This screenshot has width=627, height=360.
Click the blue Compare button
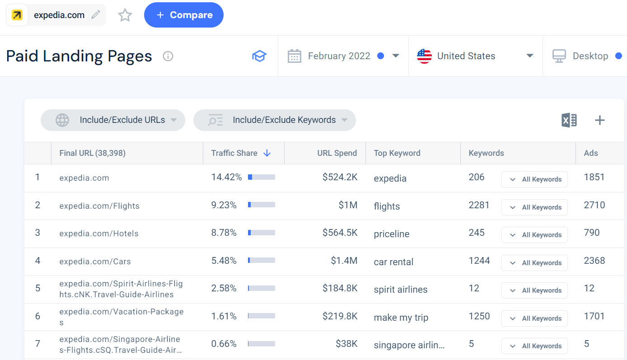tap(183, 15)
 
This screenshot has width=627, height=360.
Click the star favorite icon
tap(125, 15)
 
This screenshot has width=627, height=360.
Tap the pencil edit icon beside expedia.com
tap(95, 15)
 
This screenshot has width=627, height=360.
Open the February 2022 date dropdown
tap(343, 56)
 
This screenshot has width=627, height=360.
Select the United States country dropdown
tap(475, 56)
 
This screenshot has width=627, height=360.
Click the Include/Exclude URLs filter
tap(113, 120)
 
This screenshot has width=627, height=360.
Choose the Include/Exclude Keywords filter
tap(275, 120)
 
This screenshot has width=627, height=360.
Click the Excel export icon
tap(569, 120)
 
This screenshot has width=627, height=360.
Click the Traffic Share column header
tap(234, 153)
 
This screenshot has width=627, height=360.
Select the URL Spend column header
tap(337, 153)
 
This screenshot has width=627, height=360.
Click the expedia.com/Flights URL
tap(99, 206)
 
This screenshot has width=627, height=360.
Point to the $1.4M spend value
tap(344, 261)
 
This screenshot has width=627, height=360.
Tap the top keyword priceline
tap(391, 234)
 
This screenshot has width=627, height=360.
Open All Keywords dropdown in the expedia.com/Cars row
tap(534, 263)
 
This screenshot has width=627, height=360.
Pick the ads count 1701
tap(594, 316)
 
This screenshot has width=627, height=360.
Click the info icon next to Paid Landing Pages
tap(168, 56)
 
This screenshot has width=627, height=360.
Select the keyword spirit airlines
tap(400, 290)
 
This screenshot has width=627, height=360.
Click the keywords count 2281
tap(479, 205)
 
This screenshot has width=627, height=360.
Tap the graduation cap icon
tap(259, 56)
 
